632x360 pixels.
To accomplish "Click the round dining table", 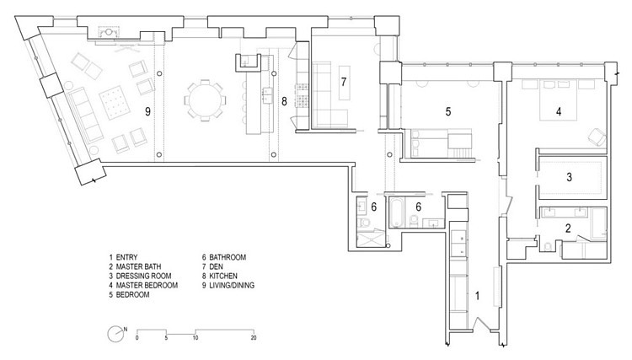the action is (x=205, y=100).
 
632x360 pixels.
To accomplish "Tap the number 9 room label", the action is (x=148, y=111).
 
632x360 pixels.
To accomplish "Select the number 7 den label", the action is (x=344, y=82).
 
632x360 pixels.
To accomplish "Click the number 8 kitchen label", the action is (x=284, y=101).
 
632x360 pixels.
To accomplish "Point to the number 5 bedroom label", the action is (x=448, y=111).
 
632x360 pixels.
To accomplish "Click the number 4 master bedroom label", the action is (x=559, y=111).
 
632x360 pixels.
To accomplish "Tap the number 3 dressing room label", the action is (x=569, y=177).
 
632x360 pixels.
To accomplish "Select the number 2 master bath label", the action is (x=568, y=228).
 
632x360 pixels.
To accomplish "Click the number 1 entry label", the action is (x=477, y=296).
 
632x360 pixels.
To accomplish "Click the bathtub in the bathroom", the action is (x=396, y=212).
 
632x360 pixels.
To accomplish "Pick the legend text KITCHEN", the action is (x=223, y=277).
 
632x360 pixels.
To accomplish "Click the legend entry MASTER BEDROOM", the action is (x=147, y=286).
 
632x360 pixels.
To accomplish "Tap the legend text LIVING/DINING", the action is (x=232, y=286).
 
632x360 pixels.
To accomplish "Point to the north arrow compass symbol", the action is (x=116, y=334).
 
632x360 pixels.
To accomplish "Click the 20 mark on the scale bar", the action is (x=254, y=338).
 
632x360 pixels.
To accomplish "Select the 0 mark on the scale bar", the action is (x=137, y=338).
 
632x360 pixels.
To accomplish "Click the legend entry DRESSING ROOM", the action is (x=143, y=277).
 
